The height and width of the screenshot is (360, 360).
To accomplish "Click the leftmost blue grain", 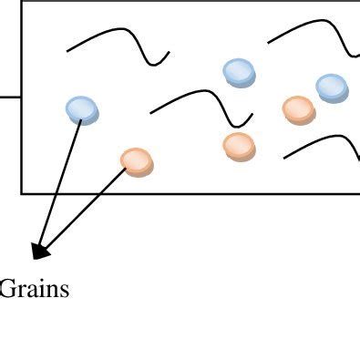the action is (82, 109).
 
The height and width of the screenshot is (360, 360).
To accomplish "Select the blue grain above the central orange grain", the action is (239, 71).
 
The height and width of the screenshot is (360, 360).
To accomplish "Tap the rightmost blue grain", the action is (332, 87).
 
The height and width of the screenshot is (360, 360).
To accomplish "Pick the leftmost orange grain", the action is (137, 161).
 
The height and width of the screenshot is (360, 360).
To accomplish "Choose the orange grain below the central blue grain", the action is (239, 145).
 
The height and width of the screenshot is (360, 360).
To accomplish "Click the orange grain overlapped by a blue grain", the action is (298, 110).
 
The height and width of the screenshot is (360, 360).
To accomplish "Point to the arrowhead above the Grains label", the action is (39, 249).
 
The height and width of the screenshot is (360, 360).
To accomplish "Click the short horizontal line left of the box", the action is (10, 96).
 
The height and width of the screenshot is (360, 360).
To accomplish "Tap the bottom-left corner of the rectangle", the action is (22, 192).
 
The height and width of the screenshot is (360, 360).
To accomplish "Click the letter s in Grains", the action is (64, 292).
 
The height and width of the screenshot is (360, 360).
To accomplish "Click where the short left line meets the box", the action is (22, 96).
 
